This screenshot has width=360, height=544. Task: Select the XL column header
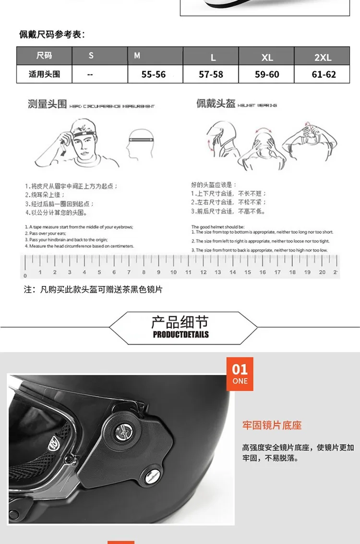(267, 57)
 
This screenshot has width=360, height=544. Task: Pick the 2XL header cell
(323, 57)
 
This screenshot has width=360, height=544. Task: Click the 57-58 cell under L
(211, 74)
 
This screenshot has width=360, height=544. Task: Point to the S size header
(91, 56)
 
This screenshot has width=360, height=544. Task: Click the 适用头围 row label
(44, 74)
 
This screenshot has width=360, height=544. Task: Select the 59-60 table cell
(267, 74)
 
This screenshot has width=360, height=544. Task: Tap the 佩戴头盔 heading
(216, 104)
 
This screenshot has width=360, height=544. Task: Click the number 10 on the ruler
(173, 272)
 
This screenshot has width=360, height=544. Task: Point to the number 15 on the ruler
(248, 272)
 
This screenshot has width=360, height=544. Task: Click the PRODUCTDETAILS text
(181, 335)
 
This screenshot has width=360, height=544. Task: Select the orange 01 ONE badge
(240, 374)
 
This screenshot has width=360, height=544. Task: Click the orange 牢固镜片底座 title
(272, 425)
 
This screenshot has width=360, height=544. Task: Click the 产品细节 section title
(180, 322)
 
